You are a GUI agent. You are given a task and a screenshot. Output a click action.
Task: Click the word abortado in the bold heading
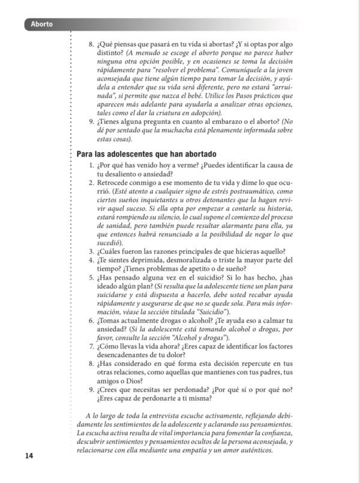point(182,154)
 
